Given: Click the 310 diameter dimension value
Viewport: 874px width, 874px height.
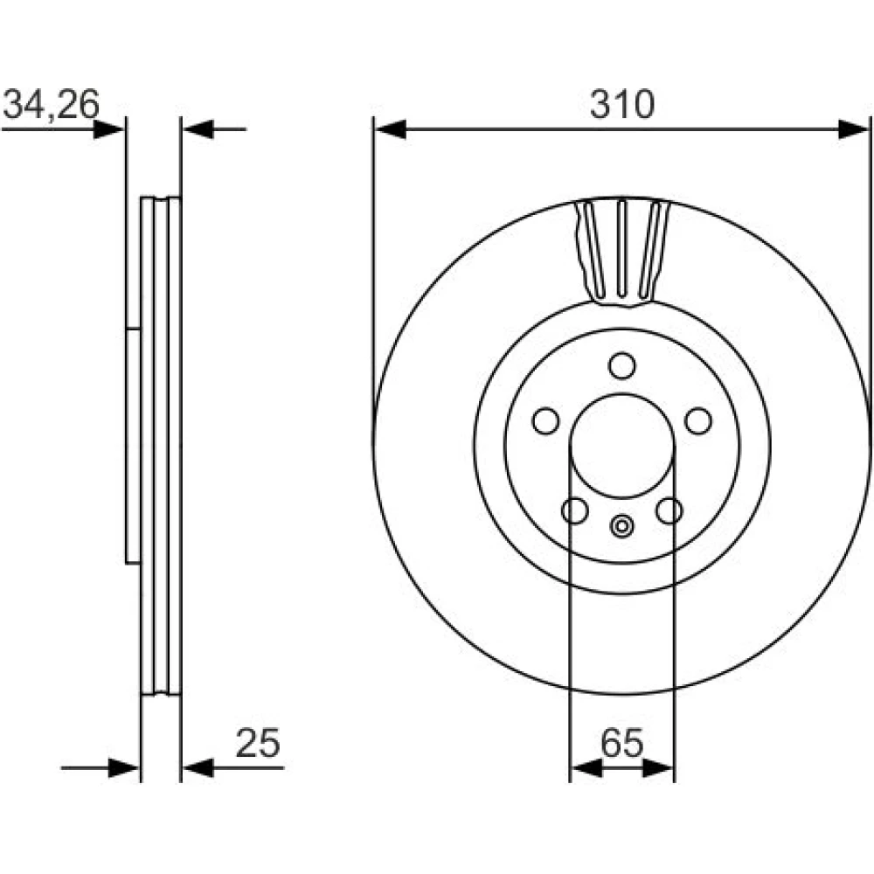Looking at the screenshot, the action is coord(622,105).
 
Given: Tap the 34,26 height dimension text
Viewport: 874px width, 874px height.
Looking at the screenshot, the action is coord(51,104).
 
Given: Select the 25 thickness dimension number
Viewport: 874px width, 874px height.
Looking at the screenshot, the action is coord(258,743).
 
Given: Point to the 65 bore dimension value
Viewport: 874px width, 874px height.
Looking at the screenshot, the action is coord(622,743).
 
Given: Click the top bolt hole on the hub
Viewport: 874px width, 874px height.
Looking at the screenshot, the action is coord(622,365).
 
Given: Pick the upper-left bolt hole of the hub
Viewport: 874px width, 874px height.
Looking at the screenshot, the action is coord(546,421).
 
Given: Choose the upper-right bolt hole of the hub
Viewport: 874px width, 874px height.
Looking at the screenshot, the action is coord(698,421).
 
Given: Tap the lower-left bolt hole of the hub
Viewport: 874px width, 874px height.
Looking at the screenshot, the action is coord(575,510).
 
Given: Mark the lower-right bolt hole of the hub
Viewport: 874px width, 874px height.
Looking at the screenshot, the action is coord(669,510).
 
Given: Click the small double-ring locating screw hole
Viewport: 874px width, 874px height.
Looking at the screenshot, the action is coord(621,525).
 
